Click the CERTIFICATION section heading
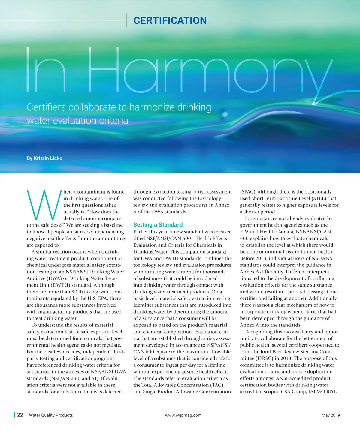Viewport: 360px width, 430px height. coord(170,20)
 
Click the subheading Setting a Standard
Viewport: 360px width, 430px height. coord(158,225)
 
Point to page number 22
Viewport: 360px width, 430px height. coord(20,415)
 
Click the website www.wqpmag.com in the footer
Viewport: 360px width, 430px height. coord(183,415)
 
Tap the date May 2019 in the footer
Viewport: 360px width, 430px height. coord(331,415)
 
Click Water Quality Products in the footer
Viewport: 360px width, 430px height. coord(51,415)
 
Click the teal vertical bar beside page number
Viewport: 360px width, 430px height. coord(14,415)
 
